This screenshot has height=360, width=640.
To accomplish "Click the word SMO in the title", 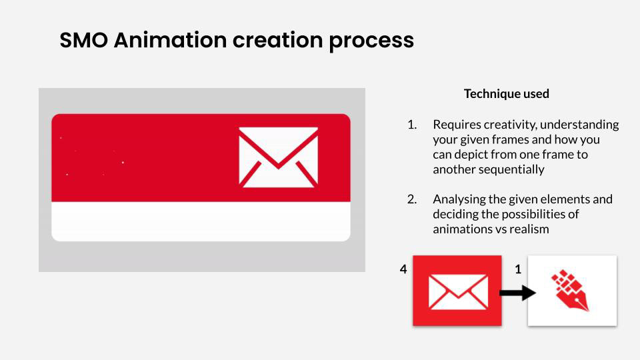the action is tap(84, 40).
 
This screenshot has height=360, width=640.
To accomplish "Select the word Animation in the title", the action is tap(170, 40).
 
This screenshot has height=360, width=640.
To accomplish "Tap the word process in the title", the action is tap(371, 41).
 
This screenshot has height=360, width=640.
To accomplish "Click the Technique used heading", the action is tap(507, 94).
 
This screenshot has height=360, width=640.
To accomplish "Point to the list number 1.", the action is tap(412, 125).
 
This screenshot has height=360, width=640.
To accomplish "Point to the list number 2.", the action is tap(412, 199).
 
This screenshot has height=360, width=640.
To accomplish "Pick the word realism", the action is tap(529, 229).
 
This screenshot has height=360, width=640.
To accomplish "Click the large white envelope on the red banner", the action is tap(279, 157).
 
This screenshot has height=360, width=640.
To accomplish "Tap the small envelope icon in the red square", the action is tap(458, 292).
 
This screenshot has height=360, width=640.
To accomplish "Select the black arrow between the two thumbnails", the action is tap(517, 292).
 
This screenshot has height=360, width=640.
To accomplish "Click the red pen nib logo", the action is tap(570, 290).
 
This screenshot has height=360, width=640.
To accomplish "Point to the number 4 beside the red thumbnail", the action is tap(403, 269).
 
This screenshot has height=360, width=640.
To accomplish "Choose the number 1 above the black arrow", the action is tap(519, 269).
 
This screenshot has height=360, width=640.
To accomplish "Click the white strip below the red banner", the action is tap(201, 221).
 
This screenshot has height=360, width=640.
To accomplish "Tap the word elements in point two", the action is tap(567, 199).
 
